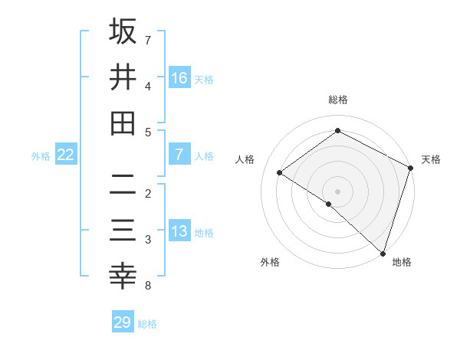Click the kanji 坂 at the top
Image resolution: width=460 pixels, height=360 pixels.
123,31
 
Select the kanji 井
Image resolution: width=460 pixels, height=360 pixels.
123,77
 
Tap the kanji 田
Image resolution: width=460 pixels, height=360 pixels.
123,123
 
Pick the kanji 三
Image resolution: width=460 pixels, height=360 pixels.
123,231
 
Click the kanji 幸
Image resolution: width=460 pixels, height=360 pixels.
123,277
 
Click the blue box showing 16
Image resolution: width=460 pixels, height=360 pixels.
179,77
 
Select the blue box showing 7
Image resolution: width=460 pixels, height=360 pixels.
179,155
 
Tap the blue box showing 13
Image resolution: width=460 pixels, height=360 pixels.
179,231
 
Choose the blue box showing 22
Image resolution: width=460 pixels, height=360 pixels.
66,155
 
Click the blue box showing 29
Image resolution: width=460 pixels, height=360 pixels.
123,322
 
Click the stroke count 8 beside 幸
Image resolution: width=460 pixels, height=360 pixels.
148,286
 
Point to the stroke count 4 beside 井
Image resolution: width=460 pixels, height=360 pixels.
148,87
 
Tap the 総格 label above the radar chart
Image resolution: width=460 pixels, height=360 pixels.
337,100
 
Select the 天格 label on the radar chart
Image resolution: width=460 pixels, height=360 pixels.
431,159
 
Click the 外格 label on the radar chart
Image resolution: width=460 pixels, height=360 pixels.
270,263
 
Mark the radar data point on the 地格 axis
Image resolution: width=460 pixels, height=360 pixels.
383,252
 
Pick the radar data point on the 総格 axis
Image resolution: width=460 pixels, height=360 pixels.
337,130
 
